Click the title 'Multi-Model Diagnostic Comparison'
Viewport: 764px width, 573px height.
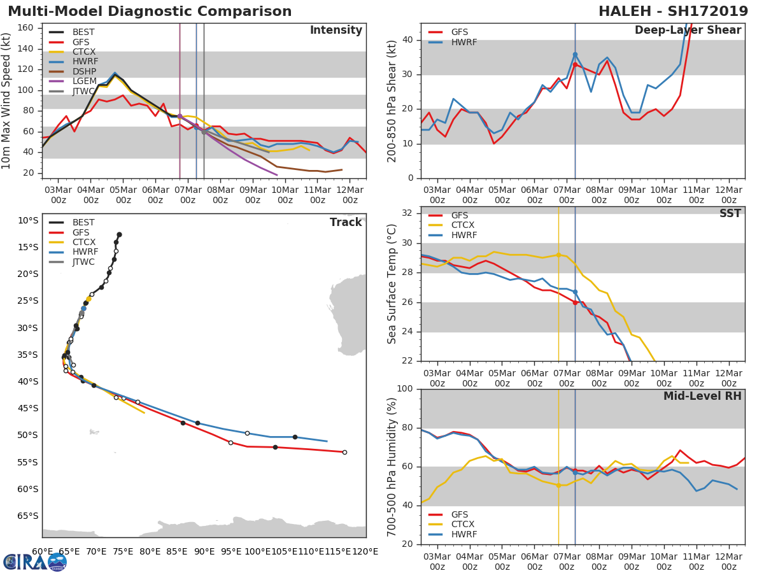(x=150, y=11)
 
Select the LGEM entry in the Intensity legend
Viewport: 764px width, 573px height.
(x=84, y=81)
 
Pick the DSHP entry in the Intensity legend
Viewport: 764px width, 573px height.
(x=84, y=71)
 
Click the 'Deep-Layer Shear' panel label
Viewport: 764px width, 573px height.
(x=688, y=31)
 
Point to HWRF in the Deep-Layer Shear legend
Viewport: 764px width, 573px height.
(x=463, y=43)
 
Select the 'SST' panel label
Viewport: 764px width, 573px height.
(x=730, y=214)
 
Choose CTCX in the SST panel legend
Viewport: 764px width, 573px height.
(x=463, y=225)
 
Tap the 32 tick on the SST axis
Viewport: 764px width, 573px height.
(x=407, y=213)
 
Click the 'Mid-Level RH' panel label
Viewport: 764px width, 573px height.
(x=702, y=397)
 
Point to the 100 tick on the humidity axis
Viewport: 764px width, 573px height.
(x=405, y=389)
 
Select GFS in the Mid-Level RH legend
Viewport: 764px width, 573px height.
(x=460, y=514)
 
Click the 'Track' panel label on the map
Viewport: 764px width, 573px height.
(x=346, y=222)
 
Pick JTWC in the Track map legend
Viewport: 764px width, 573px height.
(x=84, y=262)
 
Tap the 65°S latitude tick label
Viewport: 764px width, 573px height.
(x=27, y=516)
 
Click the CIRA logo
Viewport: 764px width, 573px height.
(x=35, y=562)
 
